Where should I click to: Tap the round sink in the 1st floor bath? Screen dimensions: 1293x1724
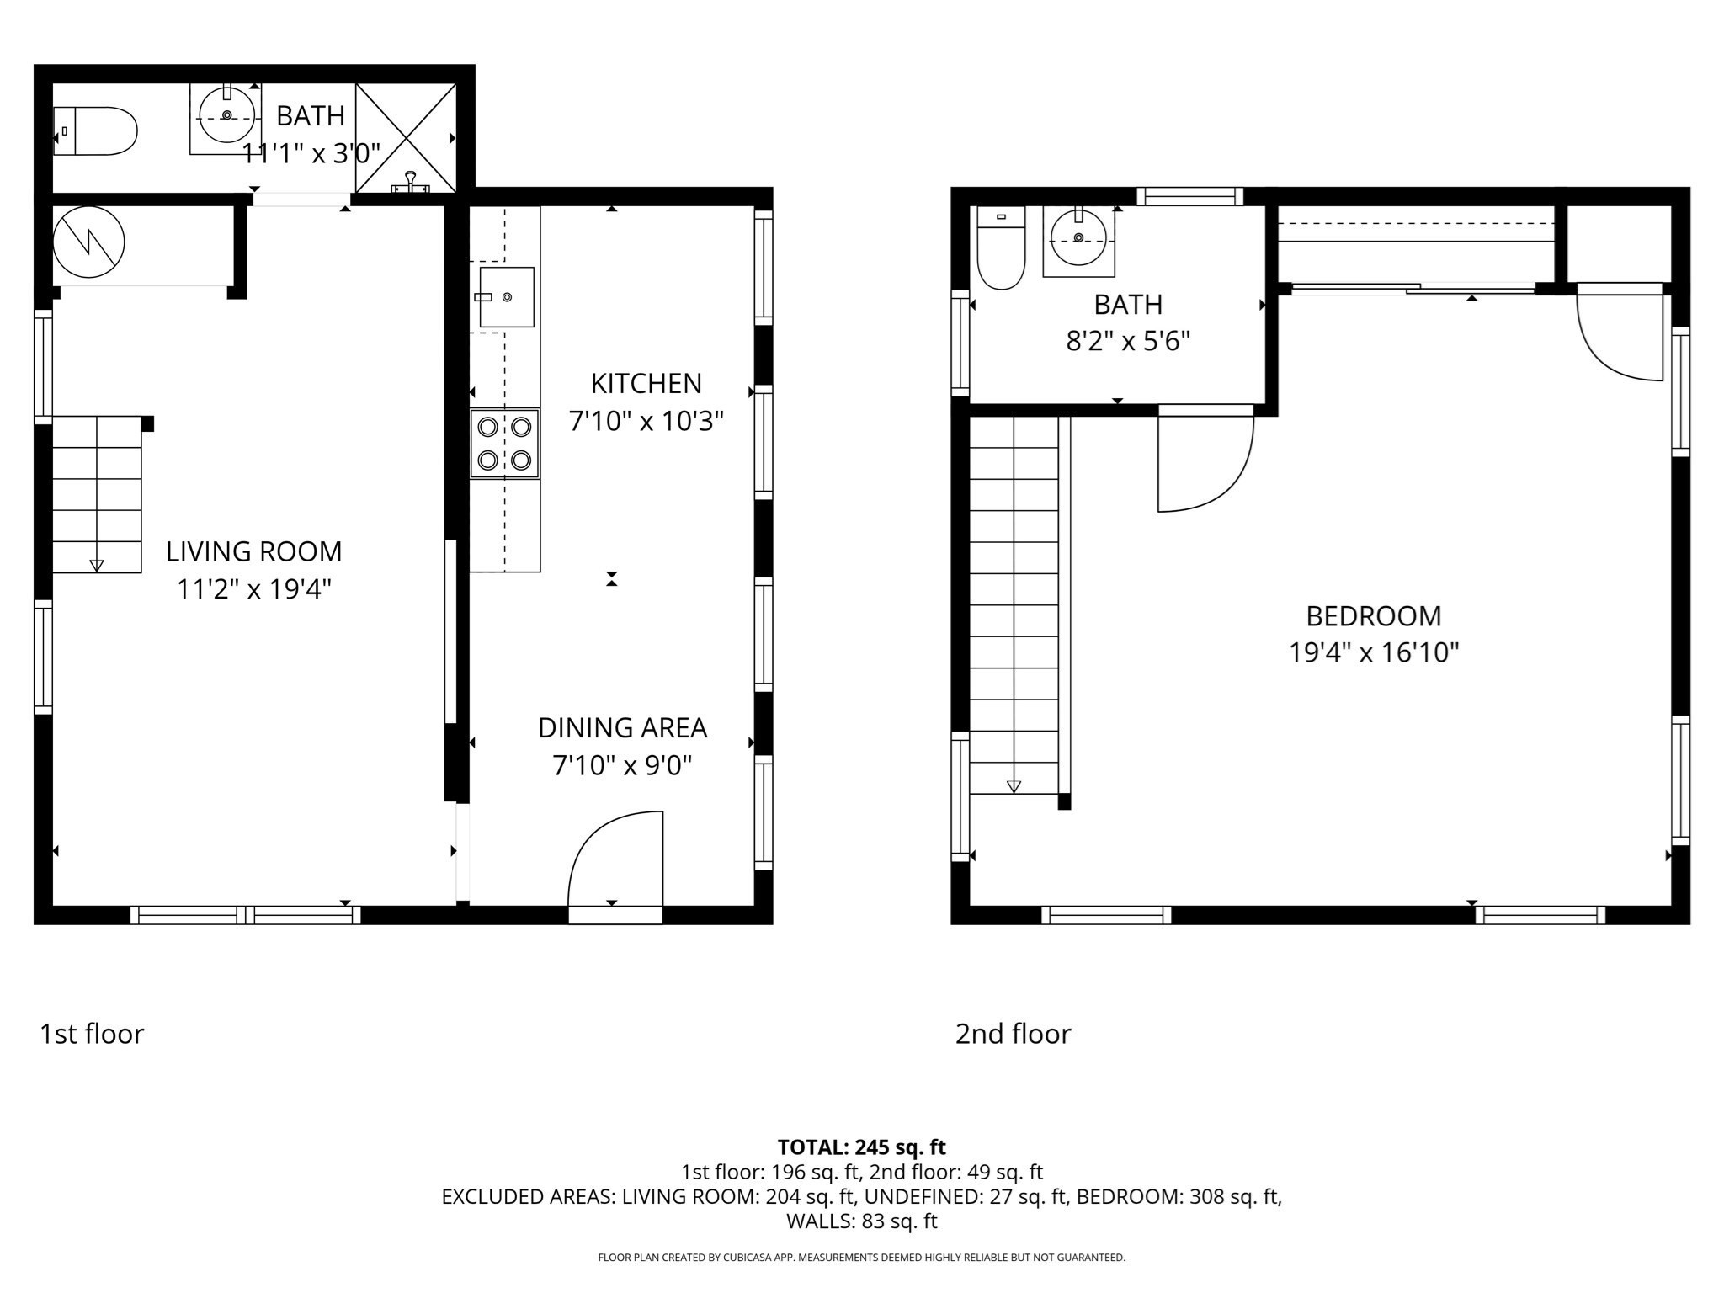pyautogui.click(x=226, y=116)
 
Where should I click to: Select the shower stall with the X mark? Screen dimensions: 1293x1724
pyautogui.click(x=406, y=137)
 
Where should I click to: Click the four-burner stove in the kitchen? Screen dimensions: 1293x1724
pyautogui.click(x=504, y=444)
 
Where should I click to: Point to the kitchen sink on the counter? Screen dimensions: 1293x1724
pyautogui.click(x=506, y=297)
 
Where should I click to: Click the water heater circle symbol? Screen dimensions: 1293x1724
pyautogui.click(x=89, y=242)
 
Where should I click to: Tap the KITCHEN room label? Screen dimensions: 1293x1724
pyautogui.click(x=646, y=384)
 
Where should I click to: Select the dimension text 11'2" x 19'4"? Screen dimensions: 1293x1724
pyautogui.click(x=253, y=589)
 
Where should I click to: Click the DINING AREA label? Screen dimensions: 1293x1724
pyautogui.click(x=622, y=728)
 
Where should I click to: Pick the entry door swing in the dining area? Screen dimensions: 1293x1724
pyautogui.click(x=617, y=859)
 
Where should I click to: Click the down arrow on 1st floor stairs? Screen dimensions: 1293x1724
pyautogui.click(x=97, y=566)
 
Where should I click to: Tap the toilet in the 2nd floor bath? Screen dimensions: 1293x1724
pyautogui.click(x=1001, y=248)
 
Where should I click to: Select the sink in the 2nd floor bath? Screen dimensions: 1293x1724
pyautogui.click(x=1078, y=238)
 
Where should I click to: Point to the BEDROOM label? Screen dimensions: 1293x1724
pyautogui.click(x=1373, y=616)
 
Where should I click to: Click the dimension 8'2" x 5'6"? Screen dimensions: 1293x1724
pyautogui.click(x=1128, y=342)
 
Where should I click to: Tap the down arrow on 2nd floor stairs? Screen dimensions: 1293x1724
pyautogui.click(x=1014, y=786)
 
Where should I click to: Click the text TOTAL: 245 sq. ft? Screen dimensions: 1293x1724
pyautogui.click(x=861, y=1147)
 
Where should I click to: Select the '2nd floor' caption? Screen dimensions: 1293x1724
pyautogui.click(x=1013, y=1034)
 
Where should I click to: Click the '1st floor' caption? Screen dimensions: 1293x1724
pyautogui.click(x=92, y=1034)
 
